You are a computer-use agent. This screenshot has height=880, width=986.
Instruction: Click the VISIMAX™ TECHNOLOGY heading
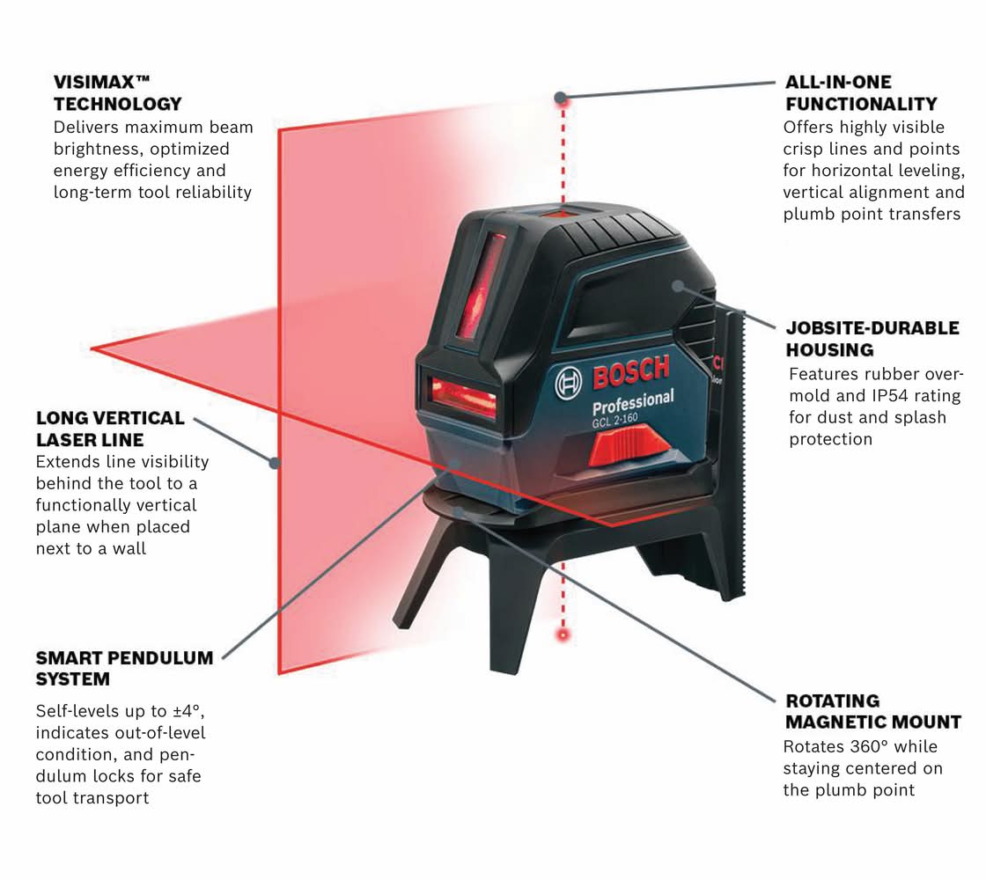[118, 93]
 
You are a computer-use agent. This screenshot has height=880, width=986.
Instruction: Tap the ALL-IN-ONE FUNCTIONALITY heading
[861, 93]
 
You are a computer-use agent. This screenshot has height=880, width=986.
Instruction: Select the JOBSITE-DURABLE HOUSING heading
[872, 339]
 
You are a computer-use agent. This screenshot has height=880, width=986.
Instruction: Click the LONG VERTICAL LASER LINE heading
[110, 429]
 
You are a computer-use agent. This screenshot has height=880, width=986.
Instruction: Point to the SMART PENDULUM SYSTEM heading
[124, 668]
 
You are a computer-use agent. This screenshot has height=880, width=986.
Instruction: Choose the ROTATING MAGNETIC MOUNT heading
[873, 711]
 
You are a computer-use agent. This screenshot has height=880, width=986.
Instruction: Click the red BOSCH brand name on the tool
[630, 372]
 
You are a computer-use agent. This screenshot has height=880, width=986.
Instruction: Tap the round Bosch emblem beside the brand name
[568, 383]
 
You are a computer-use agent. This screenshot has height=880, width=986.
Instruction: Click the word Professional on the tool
[633, 402]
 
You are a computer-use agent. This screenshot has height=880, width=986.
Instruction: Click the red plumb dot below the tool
[563, 634]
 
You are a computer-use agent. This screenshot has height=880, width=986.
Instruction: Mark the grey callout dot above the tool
[560, 98]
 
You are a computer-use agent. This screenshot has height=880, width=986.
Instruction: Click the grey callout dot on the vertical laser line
[275, 463]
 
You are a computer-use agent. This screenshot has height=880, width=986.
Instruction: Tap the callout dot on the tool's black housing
[677, 286]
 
